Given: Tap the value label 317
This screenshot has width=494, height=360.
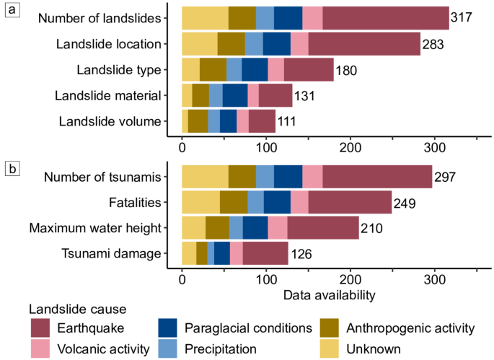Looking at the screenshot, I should pos(462,17).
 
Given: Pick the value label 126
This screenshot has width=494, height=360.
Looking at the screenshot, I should pos(301,254).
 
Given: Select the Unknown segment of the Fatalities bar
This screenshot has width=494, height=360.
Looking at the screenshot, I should pos(200,203).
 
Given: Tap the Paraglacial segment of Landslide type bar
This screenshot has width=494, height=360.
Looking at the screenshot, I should pos(255,70).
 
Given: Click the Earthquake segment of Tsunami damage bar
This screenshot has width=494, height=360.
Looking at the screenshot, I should pos(265,254).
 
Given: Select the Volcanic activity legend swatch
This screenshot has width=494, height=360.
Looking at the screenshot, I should pos(41,349).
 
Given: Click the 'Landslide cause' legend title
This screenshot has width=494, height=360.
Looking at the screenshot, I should pos(77,309).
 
